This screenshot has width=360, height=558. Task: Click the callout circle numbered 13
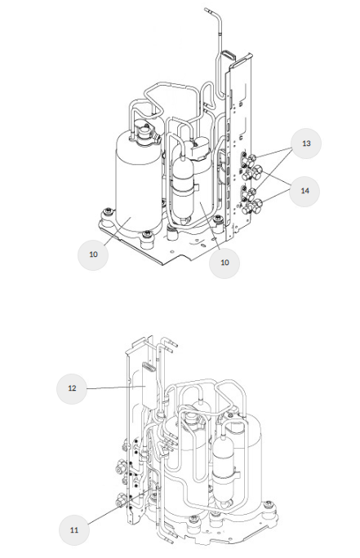click(x=306, y=143)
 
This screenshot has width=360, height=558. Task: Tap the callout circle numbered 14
click(x=304, y=191)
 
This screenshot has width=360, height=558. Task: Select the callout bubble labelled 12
click(x=72, y=388)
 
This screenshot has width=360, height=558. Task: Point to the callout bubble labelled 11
click(x=73, y=530)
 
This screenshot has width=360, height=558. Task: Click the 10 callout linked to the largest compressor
click(x=93, y=255)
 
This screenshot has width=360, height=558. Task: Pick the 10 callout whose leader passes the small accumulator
click(x=224, y=263)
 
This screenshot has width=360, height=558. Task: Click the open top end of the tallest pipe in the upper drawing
click(x=207, y=10)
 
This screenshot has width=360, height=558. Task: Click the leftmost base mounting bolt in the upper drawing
click(x=108, y=213)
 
